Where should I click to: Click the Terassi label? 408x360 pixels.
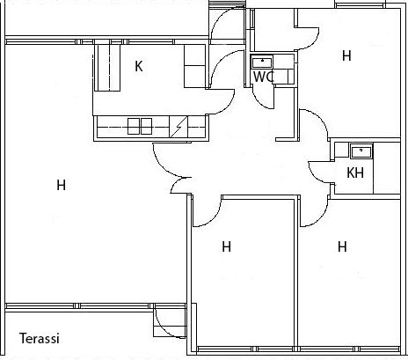point(40,338)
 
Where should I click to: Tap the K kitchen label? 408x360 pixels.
point(139,66)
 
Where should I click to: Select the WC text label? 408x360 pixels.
point(264,77)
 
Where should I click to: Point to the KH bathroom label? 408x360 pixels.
point(355,173)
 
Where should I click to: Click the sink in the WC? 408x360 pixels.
point(262,62)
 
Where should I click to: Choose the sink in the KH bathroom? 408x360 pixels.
point(361,151)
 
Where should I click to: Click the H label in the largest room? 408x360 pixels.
point(61,185)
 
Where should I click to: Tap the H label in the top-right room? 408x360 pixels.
point(346,55)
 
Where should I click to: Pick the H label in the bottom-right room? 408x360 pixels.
point(342,246)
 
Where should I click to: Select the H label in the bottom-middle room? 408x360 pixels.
point(226,246)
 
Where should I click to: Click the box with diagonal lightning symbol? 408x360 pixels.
point(178,127)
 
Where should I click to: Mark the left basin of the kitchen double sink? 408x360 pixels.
point(134,127)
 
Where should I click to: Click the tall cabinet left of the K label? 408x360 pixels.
point(107,68)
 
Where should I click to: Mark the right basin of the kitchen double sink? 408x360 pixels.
point(146,127)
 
